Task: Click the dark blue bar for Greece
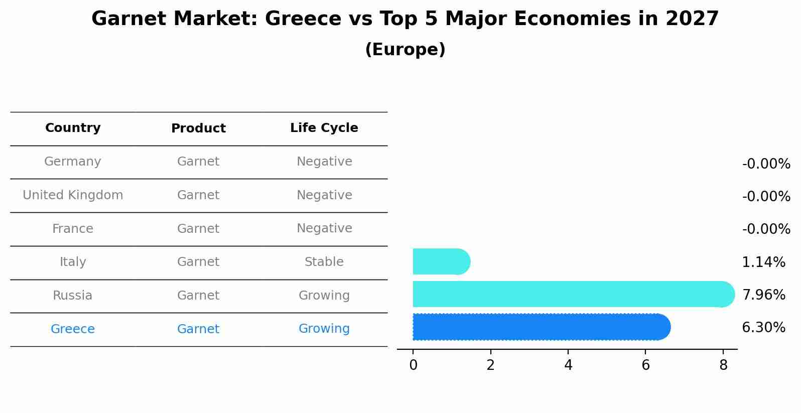point(541,327)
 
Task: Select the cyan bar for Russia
point(572,294)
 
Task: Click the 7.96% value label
point(763,295)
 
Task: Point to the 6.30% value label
point(763,328)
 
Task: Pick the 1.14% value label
point(763,262)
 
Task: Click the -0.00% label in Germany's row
point(766,164)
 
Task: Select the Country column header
point(73,128)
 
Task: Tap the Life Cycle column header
point(324,128)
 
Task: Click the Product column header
point(198,128)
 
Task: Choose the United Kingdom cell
point(73,195)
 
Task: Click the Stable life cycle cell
point(324,262)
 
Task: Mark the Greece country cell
point(73,329)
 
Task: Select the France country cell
point(73,229)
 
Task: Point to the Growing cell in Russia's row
point(324,296)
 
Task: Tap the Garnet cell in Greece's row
point(198,329)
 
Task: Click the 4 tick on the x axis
point(568,365)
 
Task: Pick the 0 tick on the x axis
point(413,365)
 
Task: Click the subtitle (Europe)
point(405,50)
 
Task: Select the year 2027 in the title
point(692,19)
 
